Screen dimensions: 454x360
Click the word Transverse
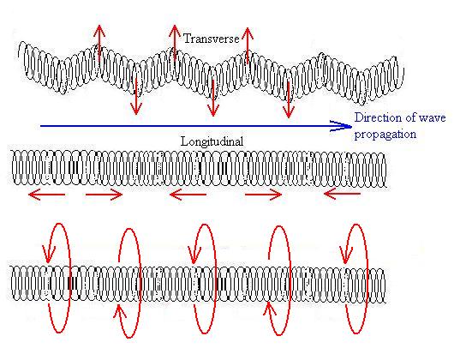[x=212, y=39]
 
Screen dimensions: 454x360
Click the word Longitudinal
[x=212, y=141]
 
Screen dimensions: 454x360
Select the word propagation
[x=385, y=135]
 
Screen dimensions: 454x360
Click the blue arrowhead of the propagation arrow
[x=342, y=126]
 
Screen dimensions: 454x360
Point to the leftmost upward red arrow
[x=99, y=43]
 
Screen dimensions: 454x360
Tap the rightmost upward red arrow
[x=248, y=45]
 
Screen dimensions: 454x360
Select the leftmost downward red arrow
[x=136, y=97]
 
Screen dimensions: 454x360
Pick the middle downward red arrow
[x=213, y=99]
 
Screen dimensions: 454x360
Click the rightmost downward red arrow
[x=289, y=100]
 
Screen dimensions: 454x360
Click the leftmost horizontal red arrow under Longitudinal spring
[x=46, y=195]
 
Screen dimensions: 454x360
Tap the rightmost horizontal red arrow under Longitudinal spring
[x=342, y=193]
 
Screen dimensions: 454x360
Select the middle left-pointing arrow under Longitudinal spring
[x=188, y=195]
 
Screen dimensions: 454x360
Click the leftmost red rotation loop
[x=69, y=278]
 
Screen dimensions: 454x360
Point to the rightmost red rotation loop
[x=367, y=278]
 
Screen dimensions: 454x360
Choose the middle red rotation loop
[x=215, y=278]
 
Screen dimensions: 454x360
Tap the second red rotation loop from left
[x=140, y=282]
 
